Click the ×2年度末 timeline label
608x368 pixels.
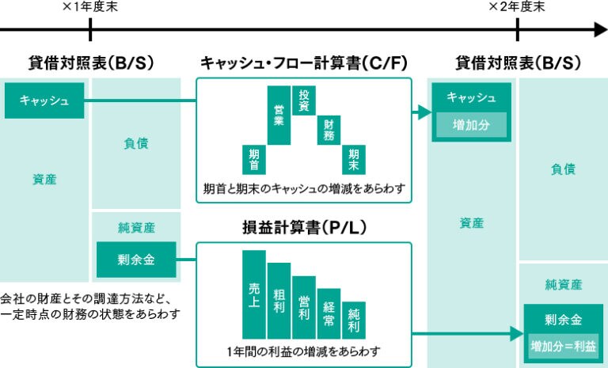tap(516, 7)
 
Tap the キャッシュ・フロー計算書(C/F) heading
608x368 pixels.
tap(303, 63)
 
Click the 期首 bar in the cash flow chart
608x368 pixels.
tap(254, 159)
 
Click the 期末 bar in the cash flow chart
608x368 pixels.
tap(353, 159)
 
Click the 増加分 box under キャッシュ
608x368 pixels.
tap(471, 125)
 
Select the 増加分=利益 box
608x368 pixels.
tap(563, 345)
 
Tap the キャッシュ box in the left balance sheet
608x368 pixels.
tap(44, 101)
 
